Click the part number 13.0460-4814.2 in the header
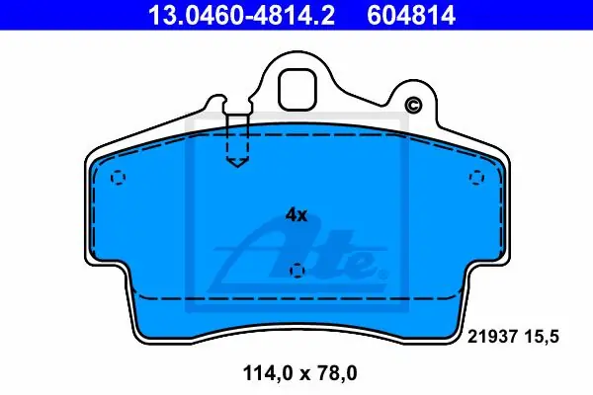242,15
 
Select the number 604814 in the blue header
411,15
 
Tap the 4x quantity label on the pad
296,215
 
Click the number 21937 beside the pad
492,337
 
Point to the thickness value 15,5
542,337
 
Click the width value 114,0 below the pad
268,373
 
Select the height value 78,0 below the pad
339,373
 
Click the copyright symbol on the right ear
413,105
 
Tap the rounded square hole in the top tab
296,90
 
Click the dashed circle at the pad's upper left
119,178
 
